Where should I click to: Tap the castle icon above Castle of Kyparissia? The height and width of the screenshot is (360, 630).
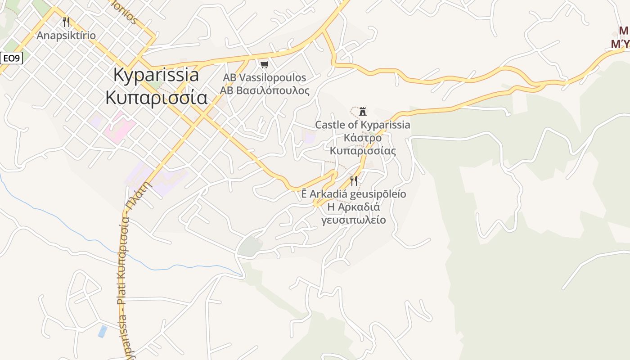tap(363, 111)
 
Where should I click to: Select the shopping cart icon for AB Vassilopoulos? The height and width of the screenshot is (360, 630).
tap(265, 65)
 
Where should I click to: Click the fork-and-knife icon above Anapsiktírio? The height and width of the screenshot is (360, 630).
tap(66, 22)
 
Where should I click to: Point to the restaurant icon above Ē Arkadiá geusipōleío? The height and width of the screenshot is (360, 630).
tap(354, 181)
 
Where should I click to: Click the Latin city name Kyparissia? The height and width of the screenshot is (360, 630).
tap(156, 75)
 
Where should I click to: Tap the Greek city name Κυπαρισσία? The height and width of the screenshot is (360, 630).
tap(156, 97)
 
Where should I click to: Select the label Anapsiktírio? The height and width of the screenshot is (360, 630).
tap(66, 36)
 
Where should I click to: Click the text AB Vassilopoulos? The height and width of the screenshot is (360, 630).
tap(265, 77)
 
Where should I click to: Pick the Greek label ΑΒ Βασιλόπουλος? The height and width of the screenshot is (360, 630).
tap(265, 90)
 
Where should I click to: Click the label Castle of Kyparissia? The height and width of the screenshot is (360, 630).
tap(363, 125)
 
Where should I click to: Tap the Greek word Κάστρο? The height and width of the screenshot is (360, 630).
tap(363, 138)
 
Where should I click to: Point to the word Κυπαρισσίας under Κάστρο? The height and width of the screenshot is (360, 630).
tap(363, 151)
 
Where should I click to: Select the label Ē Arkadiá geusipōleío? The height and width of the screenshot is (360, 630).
tap(354, 194)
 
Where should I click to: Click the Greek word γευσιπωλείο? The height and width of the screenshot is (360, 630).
tap(354, 220)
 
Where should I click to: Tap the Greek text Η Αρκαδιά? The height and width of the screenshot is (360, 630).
tap(354, 207)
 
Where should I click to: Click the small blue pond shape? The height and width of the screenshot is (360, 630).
tap(103, 331)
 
